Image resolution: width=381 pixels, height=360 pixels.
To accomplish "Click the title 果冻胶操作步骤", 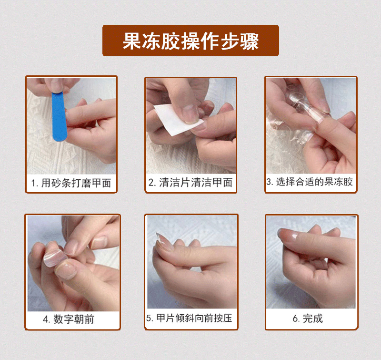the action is [x=191, y=41].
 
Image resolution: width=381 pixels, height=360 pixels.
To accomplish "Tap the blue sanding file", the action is [x=59, y=116].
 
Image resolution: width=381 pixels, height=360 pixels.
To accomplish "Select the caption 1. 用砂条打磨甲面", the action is [x=71, y=183].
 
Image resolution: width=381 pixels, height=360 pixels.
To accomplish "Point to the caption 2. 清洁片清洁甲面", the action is [x=190, y=183].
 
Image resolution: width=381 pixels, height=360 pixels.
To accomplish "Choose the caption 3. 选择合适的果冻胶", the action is [x=309, y=182].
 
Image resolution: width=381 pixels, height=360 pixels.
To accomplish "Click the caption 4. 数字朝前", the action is [x=69, y=319].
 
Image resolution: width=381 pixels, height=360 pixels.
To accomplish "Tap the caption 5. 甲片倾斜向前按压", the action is [x=189, y=318].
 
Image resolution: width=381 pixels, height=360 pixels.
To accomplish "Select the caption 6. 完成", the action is [x=308, y=319].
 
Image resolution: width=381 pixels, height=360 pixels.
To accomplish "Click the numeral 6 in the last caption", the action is [x=295, y=319].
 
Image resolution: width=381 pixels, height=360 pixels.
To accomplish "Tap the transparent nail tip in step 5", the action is [x=163, y=241].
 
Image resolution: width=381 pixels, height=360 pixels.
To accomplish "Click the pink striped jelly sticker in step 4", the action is [x=55, y=258].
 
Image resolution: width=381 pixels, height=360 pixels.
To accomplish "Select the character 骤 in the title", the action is [x=250, y=41].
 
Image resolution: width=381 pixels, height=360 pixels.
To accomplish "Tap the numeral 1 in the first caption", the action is [x=33, y=183].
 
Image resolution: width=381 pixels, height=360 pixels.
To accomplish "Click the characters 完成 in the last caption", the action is [x=313, y=319].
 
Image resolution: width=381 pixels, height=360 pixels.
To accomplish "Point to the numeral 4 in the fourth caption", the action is [x=45, y=319].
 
